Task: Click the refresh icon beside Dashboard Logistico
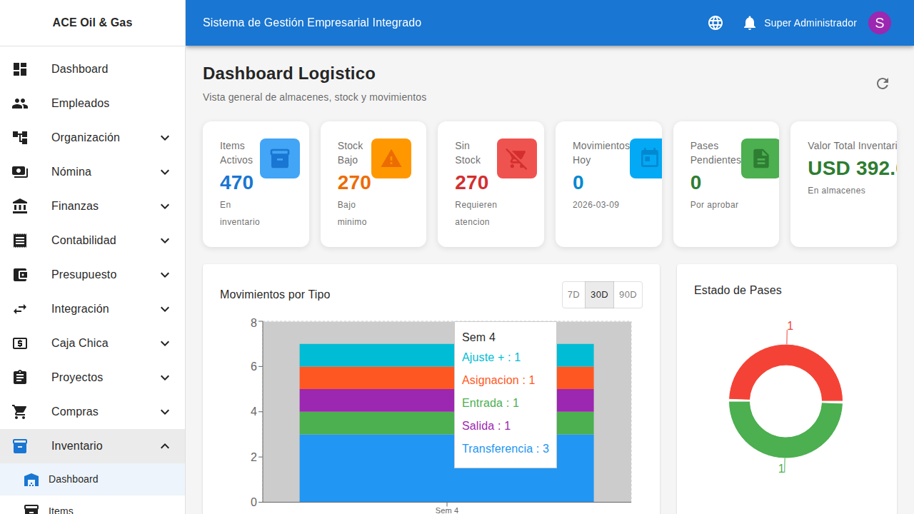coord(883,84)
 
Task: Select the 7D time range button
coord(573,295)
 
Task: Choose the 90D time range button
coord(628,295)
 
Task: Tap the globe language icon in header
coord(715,23)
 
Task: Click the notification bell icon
coord(749,23)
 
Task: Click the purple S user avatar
coord(879,23)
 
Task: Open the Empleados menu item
coord(80,104)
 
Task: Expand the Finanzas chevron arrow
coord(165,206)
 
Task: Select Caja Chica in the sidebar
coord(79,343)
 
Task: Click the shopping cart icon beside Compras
coord(20,412)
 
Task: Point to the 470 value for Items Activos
coord(236,183)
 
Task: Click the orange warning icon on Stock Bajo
coord(391,158)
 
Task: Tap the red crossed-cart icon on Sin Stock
coord(516,158)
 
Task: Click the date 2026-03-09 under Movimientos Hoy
coord(596,205)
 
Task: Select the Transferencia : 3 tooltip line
coord(505,448)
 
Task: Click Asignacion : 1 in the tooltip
coord(498,381)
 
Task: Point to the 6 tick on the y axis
coord(253,366)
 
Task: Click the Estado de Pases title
coord(738,291)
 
